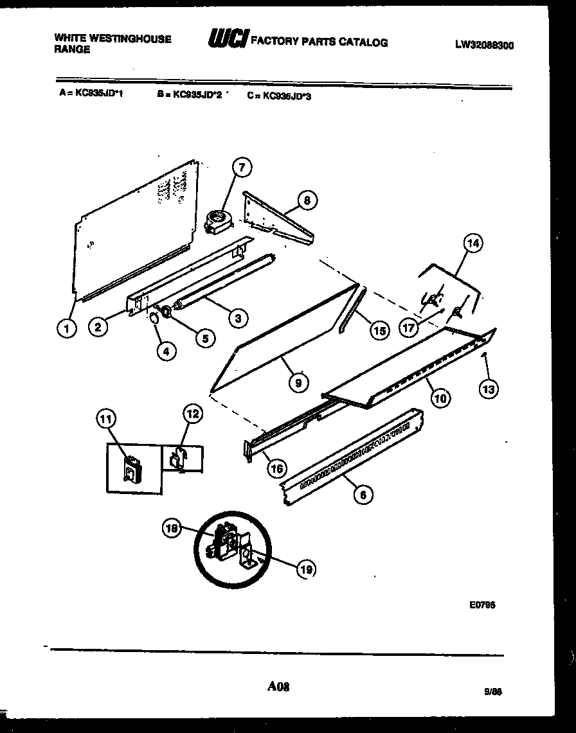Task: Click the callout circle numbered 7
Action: [241, 168]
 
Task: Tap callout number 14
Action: [473, 243]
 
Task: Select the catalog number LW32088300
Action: [484, 45]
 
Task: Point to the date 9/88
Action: [492, 692]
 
